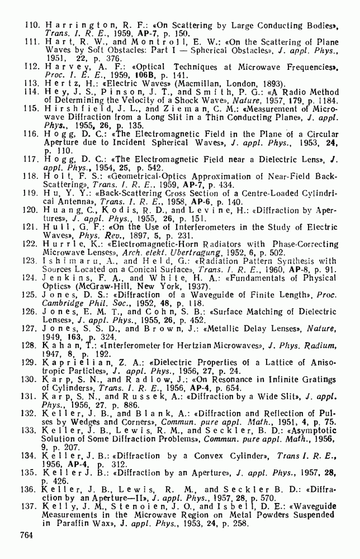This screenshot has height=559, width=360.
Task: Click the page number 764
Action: point(27,535)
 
